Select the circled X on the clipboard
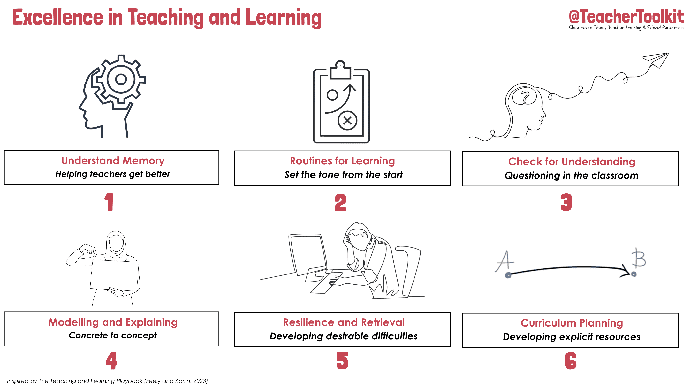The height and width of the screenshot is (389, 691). point(347,121)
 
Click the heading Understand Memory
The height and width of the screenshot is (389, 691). point(113,161)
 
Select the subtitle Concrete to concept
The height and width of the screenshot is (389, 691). point(113,335)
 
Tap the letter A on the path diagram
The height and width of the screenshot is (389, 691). point(505,261)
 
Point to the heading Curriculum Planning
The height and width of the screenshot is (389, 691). point(572,323)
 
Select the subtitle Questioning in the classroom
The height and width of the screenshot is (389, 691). point(571,176)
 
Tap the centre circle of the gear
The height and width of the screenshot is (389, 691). point(121,79)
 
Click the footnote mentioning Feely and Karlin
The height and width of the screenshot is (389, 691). point(107,381)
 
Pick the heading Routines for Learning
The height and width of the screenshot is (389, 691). point(342,161)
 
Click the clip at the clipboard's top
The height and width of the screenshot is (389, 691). point(340,70)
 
